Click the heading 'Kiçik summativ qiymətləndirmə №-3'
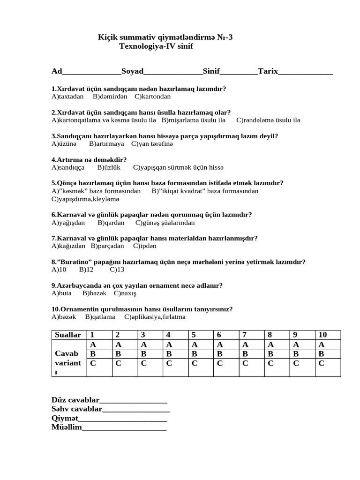click(165, 37)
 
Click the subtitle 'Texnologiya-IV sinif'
click(156, 46)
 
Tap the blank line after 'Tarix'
click(306, 72)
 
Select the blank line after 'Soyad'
click(173, 72)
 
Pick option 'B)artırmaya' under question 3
click(106, 144)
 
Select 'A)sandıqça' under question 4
click(68, 167)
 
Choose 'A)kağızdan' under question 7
click(68, 246)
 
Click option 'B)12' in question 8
click(86, 270)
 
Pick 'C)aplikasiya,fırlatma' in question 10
click(155, 317)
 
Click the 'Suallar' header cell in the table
click(68, 335)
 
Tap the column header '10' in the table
click(322, 335)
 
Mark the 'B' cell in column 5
click(195, 353)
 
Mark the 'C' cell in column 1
click(93, 363)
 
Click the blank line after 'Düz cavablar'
click(134, 400)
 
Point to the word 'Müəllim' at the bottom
click(66, 427)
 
